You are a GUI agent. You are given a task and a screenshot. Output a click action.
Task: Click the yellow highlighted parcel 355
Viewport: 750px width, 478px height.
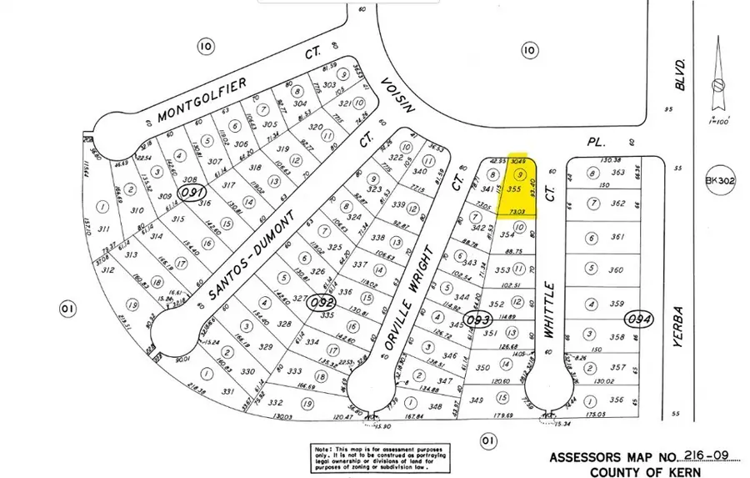516,190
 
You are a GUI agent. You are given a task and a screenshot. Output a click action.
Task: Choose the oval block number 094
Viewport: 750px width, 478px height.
642,320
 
